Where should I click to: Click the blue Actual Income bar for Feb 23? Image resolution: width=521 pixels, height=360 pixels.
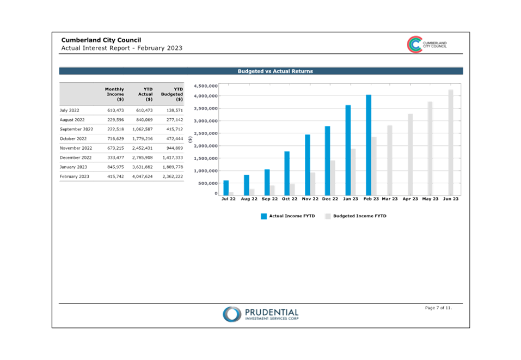(x=369, y=145)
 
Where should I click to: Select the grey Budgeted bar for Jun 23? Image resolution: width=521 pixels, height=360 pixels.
(x=451, y=142)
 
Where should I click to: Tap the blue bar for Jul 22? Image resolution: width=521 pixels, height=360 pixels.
(x=226, y=188)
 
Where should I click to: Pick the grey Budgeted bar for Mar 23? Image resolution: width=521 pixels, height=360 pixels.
(x=389, y=160)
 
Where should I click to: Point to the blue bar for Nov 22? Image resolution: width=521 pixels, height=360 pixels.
(x=308, y=164)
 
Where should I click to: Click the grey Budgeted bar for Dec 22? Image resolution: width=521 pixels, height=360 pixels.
(x=333, y=178)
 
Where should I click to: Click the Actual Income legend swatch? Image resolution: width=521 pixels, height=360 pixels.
(x=264, y=216)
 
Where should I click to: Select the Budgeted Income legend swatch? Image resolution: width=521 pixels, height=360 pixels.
(x=328, y=216)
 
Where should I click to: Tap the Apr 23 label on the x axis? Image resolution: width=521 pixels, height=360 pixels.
(x=410, y=199)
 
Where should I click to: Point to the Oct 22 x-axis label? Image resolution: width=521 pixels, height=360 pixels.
(x=290, y=199)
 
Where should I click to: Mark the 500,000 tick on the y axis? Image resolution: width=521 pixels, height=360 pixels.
(x=207, y=184)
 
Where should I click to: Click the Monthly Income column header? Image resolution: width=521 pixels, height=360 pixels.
(x=115, y=94)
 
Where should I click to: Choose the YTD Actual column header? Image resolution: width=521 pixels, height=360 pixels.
(x=144, y=94)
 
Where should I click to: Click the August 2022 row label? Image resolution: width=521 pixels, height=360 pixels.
(x=72, y=120)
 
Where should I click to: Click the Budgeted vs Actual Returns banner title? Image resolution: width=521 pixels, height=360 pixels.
(x=275, y=71)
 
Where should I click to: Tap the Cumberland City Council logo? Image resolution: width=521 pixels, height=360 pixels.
(x=427, y=45)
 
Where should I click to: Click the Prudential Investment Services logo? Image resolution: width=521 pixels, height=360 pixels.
(x=260, y=314)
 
